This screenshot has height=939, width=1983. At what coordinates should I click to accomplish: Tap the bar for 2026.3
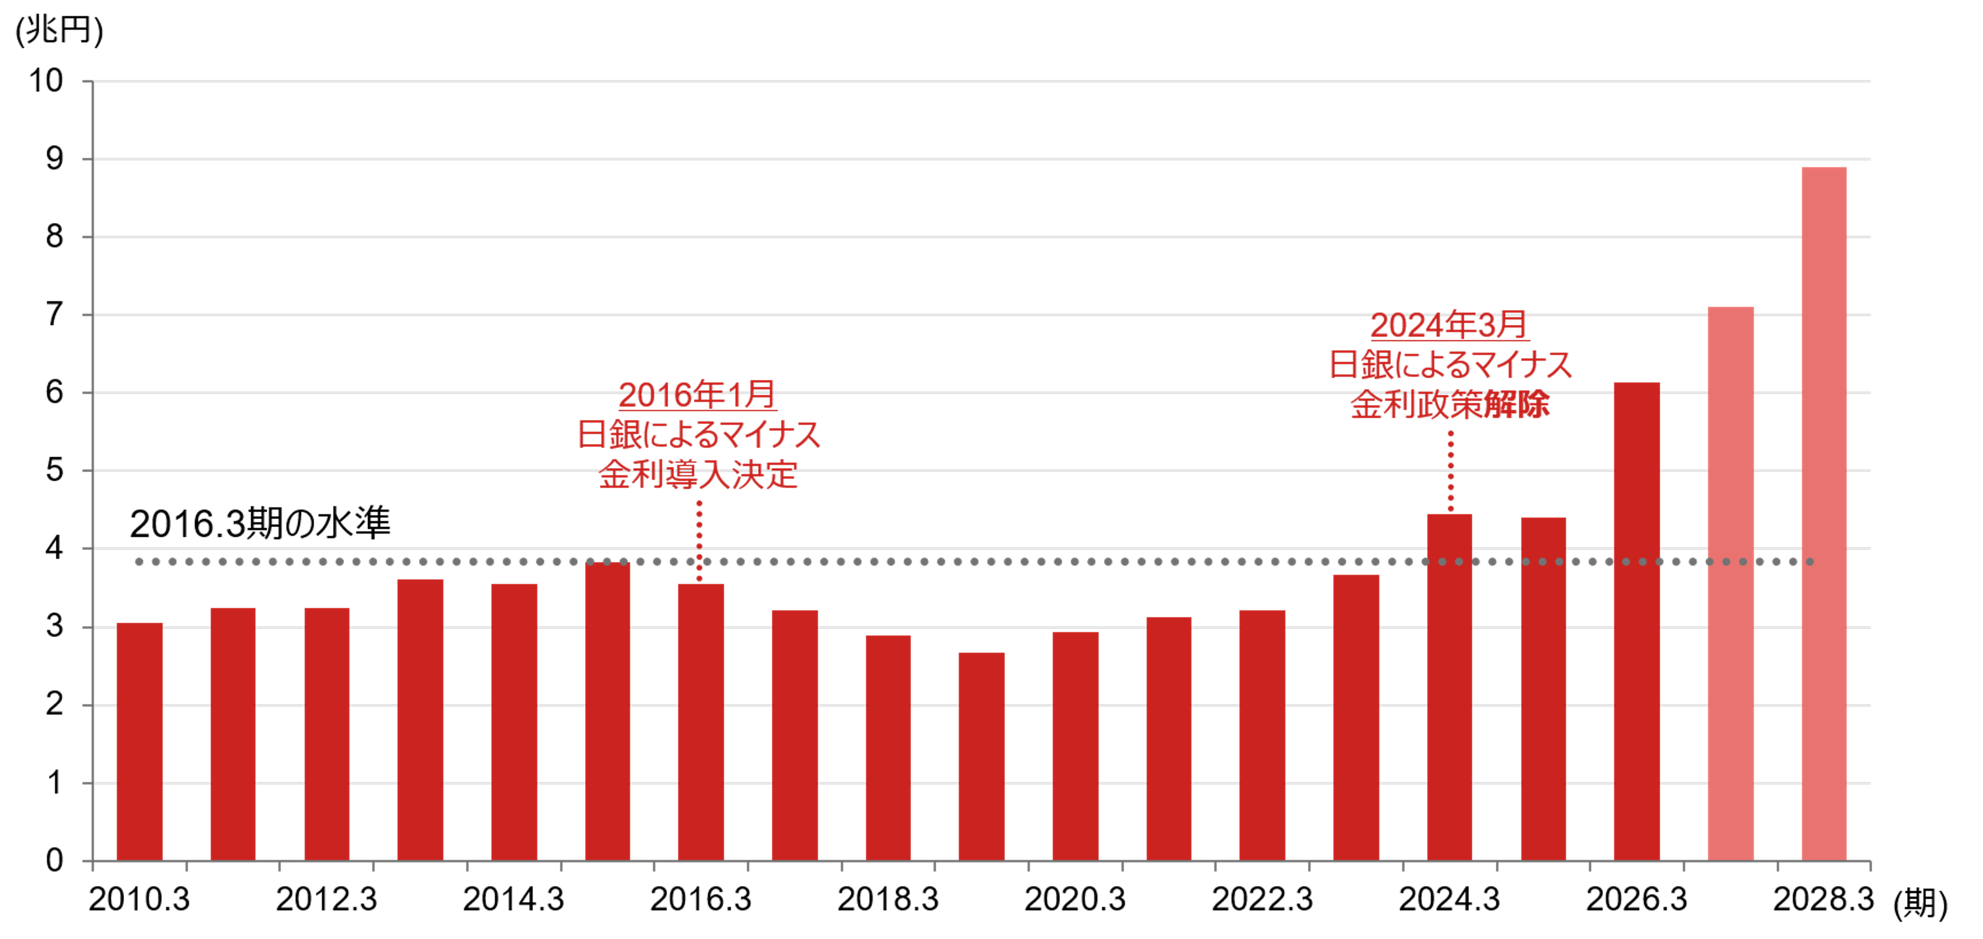[x=1637, y=621]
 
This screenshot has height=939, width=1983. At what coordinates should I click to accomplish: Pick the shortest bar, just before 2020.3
[x=982, y=757]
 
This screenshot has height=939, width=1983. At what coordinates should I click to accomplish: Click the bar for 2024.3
[x=1450, y=687]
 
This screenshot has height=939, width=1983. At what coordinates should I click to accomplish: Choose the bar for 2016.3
[x=700, y=722]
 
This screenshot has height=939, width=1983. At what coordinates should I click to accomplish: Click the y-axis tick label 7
[x=54, y=315]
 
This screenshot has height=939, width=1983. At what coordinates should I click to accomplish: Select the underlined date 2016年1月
[x=697, y=395]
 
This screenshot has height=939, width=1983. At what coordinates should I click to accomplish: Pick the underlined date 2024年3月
[x=1450, y=325]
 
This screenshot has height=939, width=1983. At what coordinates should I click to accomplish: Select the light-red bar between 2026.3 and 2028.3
[x=1731, y=583]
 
